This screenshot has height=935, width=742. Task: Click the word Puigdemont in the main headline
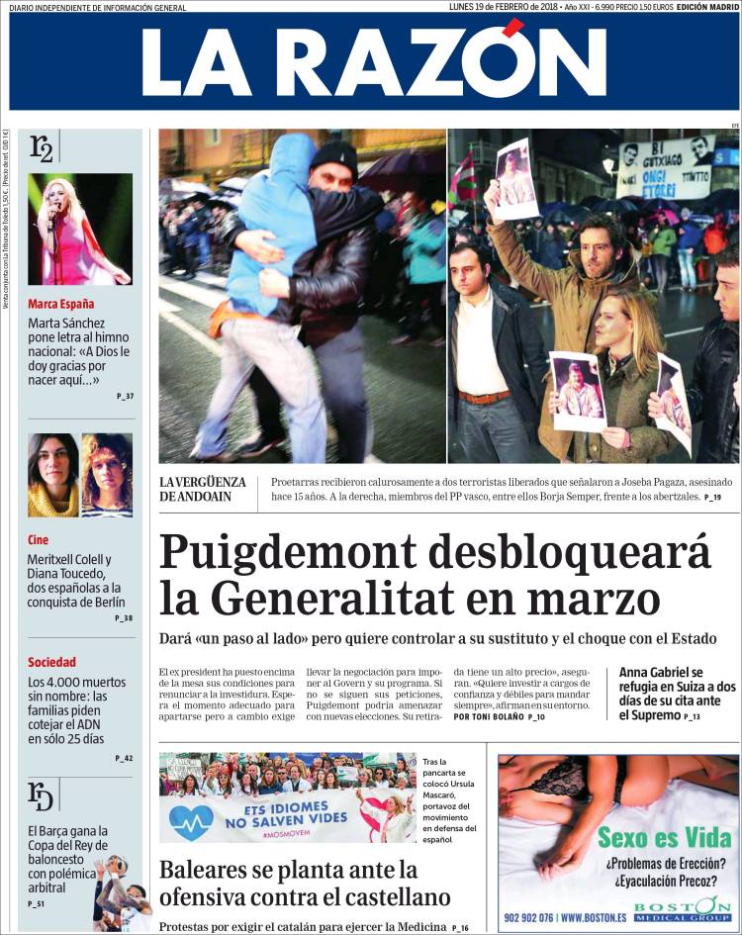[323, 551]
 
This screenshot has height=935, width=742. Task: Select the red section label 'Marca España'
[61, 304]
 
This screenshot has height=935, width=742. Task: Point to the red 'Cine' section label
[38, 540]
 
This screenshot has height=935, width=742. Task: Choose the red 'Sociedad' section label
[51, 662]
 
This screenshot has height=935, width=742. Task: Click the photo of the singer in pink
[80, 229]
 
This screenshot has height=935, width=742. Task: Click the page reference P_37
[125, 397]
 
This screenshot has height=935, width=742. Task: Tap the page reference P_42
[124, 758]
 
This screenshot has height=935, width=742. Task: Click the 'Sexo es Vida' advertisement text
[665, 839]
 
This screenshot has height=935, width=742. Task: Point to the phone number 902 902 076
[544, 917]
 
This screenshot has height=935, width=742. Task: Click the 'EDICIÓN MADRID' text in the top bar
[707, 7]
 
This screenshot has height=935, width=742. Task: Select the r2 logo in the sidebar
[43, 148]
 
